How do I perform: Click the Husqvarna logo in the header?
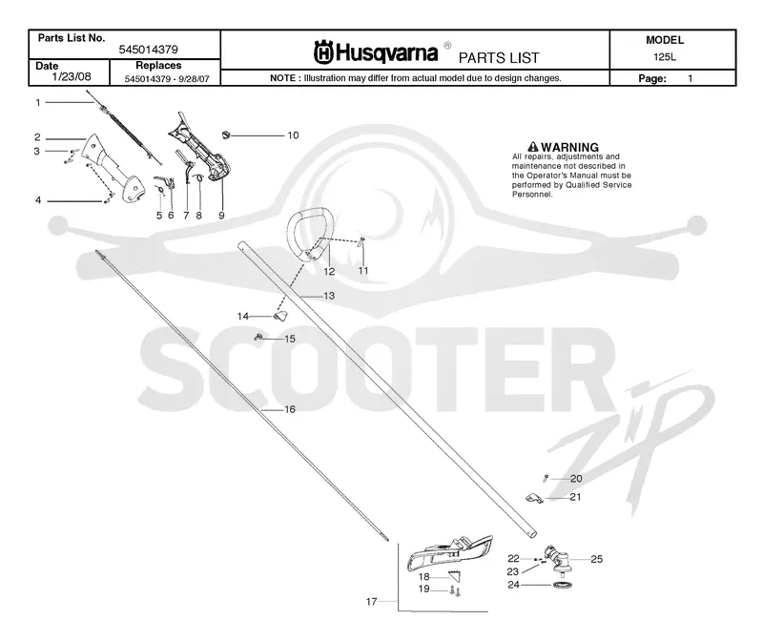click(376, 52)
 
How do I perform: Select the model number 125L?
click(664, 56)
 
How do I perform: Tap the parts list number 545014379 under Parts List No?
click(149, 50)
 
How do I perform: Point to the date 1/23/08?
click(72, 76)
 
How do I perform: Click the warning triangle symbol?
click(533, 147)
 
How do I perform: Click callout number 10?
click(293, 135)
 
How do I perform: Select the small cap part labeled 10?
click(225, 134)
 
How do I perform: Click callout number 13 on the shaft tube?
click(329, 296)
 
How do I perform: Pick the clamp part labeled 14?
click(280, 316)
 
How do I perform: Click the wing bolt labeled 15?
click(258, 337)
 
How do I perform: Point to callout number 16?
click(290, 409)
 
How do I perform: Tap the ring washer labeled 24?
click(562, 585)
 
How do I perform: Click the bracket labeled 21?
click(535, 498)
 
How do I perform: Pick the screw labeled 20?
click(546, 479)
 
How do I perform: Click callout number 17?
click(371, 602)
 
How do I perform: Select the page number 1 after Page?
click(690, 78)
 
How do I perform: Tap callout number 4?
click(38, 200)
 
